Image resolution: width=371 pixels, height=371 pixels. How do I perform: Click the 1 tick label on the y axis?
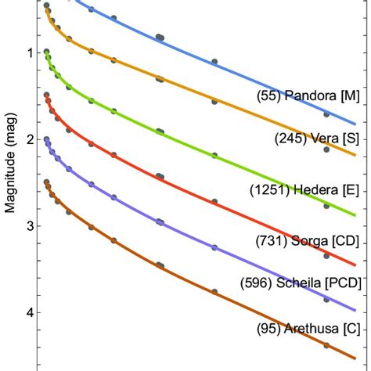(x=29, y=53)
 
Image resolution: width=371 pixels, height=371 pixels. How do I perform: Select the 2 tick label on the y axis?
(x=29, y=139)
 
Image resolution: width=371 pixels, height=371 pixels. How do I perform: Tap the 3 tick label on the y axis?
(x=29, y=226)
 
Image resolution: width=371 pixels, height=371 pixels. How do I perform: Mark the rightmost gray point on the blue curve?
(x=326, y=114)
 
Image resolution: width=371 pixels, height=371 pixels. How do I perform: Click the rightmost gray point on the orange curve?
(x=326, y=149)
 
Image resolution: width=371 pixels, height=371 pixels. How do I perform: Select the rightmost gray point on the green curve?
(x=326, y=205)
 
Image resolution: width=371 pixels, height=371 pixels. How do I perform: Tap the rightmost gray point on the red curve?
(x=326, y=256)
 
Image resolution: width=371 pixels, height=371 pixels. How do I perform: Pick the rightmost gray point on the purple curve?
(x=326, y=299)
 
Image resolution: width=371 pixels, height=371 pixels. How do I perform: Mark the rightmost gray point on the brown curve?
(x=326, y=345)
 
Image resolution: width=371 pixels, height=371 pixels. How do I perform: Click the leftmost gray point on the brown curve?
(x=46, y=182)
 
